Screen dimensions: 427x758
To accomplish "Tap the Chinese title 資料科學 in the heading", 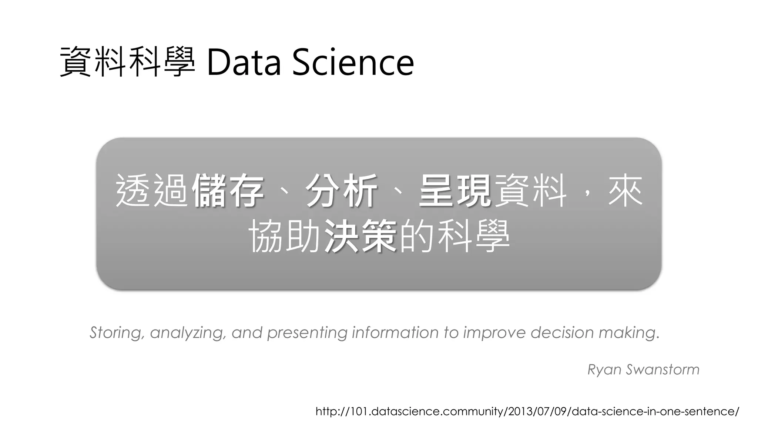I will [127, 62].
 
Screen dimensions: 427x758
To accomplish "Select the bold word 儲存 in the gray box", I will [228, 191].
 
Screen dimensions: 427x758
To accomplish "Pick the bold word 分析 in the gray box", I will [341, 191].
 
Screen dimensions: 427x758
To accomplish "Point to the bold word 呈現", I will [455, 191].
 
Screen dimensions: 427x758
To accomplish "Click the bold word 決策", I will [360, 236].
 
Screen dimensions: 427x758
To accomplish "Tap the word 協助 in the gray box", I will [284, 236].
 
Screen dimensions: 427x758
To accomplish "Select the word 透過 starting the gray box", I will [152, 191].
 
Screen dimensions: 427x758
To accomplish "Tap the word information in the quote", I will [395, 332].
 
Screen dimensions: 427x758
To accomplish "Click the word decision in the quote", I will [562, 332].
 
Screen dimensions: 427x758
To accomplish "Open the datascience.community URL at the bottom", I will [527, 411].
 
